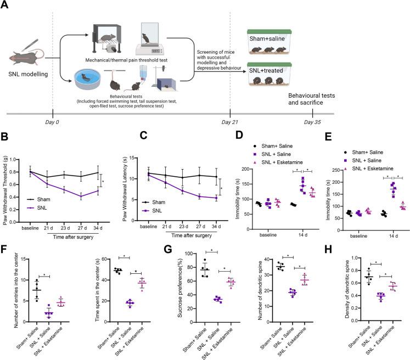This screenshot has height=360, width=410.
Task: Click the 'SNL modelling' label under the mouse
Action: (x=28, y=74)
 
